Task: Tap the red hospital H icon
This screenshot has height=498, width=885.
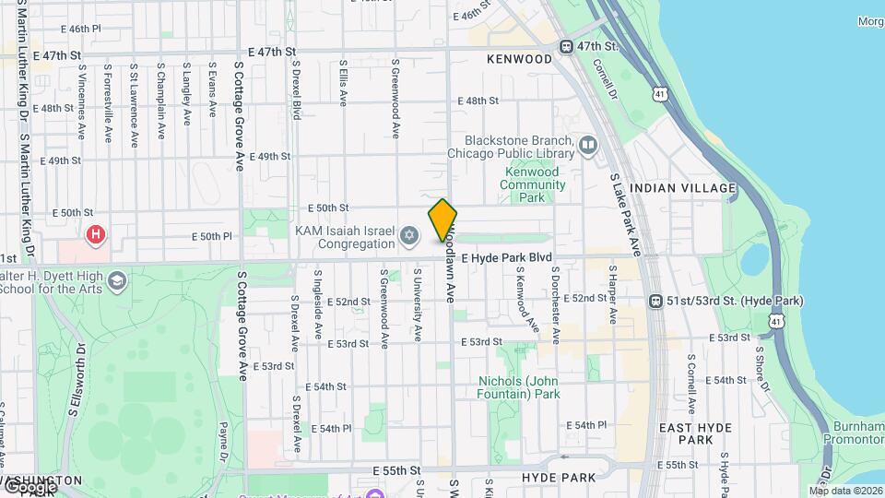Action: [95, 235]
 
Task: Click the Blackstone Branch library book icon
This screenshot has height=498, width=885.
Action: [588, 145]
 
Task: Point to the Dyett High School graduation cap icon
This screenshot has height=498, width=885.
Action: [116, 279]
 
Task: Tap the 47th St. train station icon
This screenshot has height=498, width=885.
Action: [569, 47]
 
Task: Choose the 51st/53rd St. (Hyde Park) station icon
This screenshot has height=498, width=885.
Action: [655, 301]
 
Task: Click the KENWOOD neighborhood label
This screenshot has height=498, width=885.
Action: [519, 59]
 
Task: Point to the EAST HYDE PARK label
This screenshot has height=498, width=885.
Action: [696, 433]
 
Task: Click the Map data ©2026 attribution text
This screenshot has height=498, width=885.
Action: [845, 490]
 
